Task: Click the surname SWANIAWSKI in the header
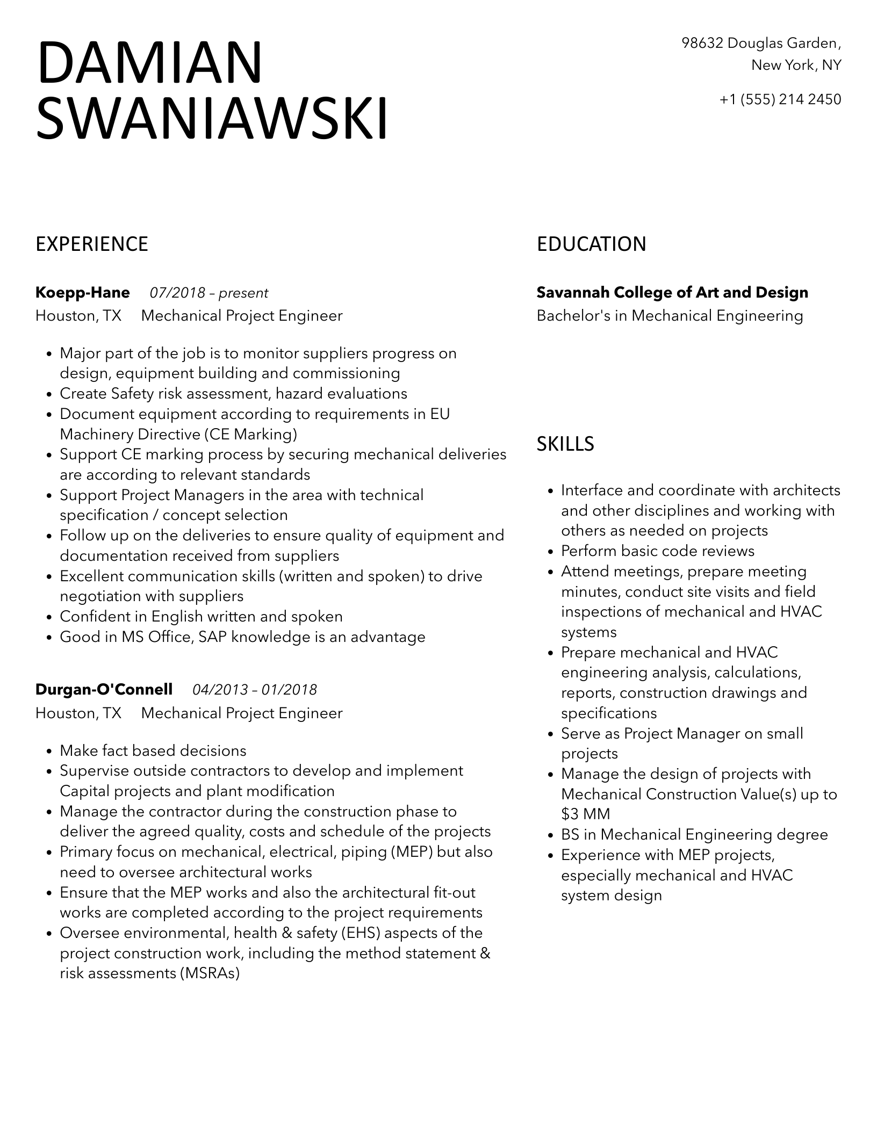click(x=212, y=118)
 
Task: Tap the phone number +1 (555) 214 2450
click(x=780, y=99)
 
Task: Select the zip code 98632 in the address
click(x=702, y=43)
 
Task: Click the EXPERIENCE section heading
click(x=92, y=244)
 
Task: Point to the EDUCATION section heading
click(x=591, y=244)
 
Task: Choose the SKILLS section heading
click(x=565, y=444)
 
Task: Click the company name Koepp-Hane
click(x=83, y=293)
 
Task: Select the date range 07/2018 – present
click(x=209, y=293)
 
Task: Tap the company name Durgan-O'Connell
click(x=104, y=689)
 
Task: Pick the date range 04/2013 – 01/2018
click(x=255, y=689)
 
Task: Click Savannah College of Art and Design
click(x=672, y=293)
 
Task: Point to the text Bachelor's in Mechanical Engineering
click(x=670, y=316)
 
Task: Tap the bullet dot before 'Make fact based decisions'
click(x=49, y=751)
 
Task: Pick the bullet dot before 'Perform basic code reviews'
click(x=550, y=552)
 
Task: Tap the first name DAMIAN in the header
click(x=150, y=63)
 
